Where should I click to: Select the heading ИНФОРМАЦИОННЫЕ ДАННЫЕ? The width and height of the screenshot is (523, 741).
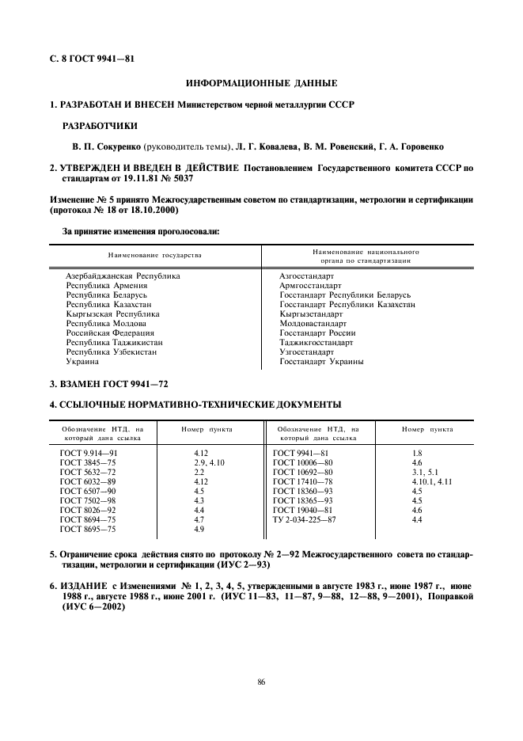(261, 83)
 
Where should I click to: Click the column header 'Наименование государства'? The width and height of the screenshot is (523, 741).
(155, 255)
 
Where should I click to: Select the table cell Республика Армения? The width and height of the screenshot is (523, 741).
(106, 286)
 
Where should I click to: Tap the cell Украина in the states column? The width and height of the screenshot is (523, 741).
(82, 362)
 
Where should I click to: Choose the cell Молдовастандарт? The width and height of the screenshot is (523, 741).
(313, 324)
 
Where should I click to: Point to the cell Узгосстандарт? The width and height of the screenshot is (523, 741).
(307, 352)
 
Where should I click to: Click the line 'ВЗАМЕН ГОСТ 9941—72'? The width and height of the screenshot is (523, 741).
(109, 384)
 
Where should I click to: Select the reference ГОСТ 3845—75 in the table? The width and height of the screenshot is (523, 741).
(88, 462)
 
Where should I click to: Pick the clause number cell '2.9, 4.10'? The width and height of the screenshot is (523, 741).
(210, 462)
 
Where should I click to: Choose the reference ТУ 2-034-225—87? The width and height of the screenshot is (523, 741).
(305, 519)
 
